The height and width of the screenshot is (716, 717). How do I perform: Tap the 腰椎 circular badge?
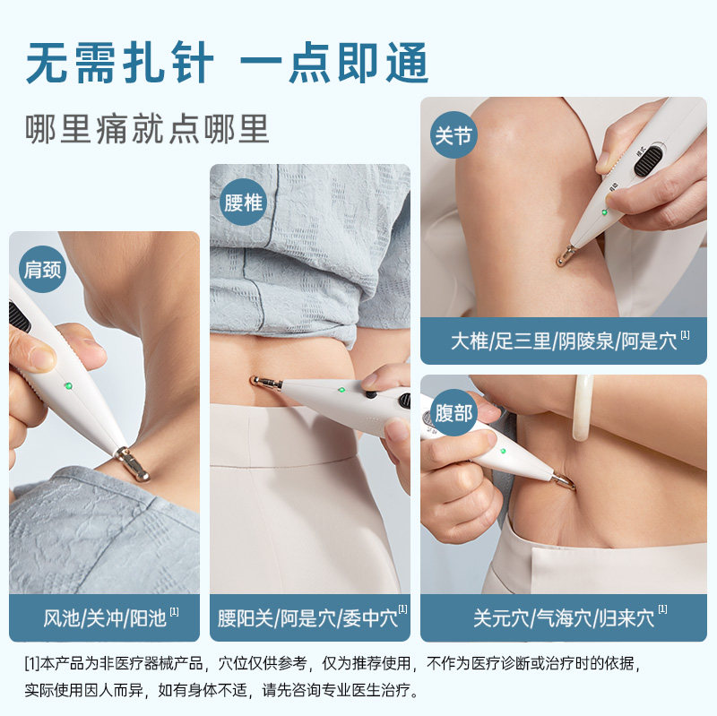243,202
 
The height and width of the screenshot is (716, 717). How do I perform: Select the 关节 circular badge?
454,136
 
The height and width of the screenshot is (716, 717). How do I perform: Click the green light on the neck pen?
67,386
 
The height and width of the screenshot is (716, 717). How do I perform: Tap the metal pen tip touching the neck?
132,463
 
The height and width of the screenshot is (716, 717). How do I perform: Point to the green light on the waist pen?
341,390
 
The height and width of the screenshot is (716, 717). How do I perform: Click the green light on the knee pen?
604,211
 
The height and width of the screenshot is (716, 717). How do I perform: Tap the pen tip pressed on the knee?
565,258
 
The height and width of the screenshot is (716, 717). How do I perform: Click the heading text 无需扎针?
119,65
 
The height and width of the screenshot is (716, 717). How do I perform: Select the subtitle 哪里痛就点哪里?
148,129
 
